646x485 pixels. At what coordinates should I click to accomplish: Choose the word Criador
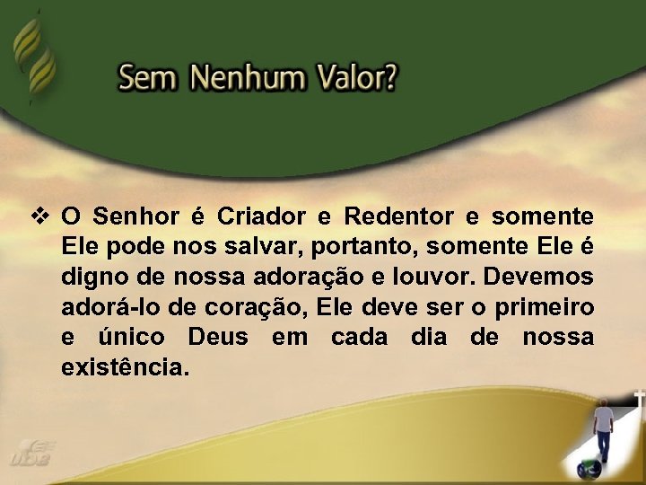click(256, 217)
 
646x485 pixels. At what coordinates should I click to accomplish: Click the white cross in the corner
click(639, 397)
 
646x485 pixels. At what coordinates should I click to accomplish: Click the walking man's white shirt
click(605, 419)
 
